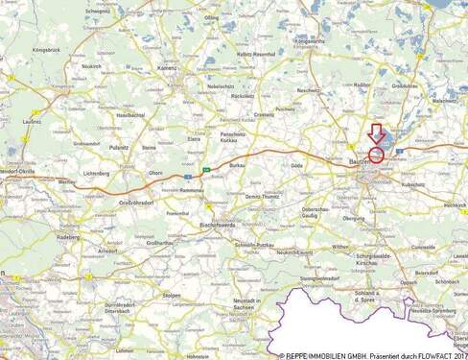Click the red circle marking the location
[x=375, y=153]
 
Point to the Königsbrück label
[x=46, y=46]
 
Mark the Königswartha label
[x=311, y=42]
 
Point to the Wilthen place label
[x=339, y=246]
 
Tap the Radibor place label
[x=363, y=84]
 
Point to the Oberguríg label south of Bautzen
[x=354, y=218]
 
